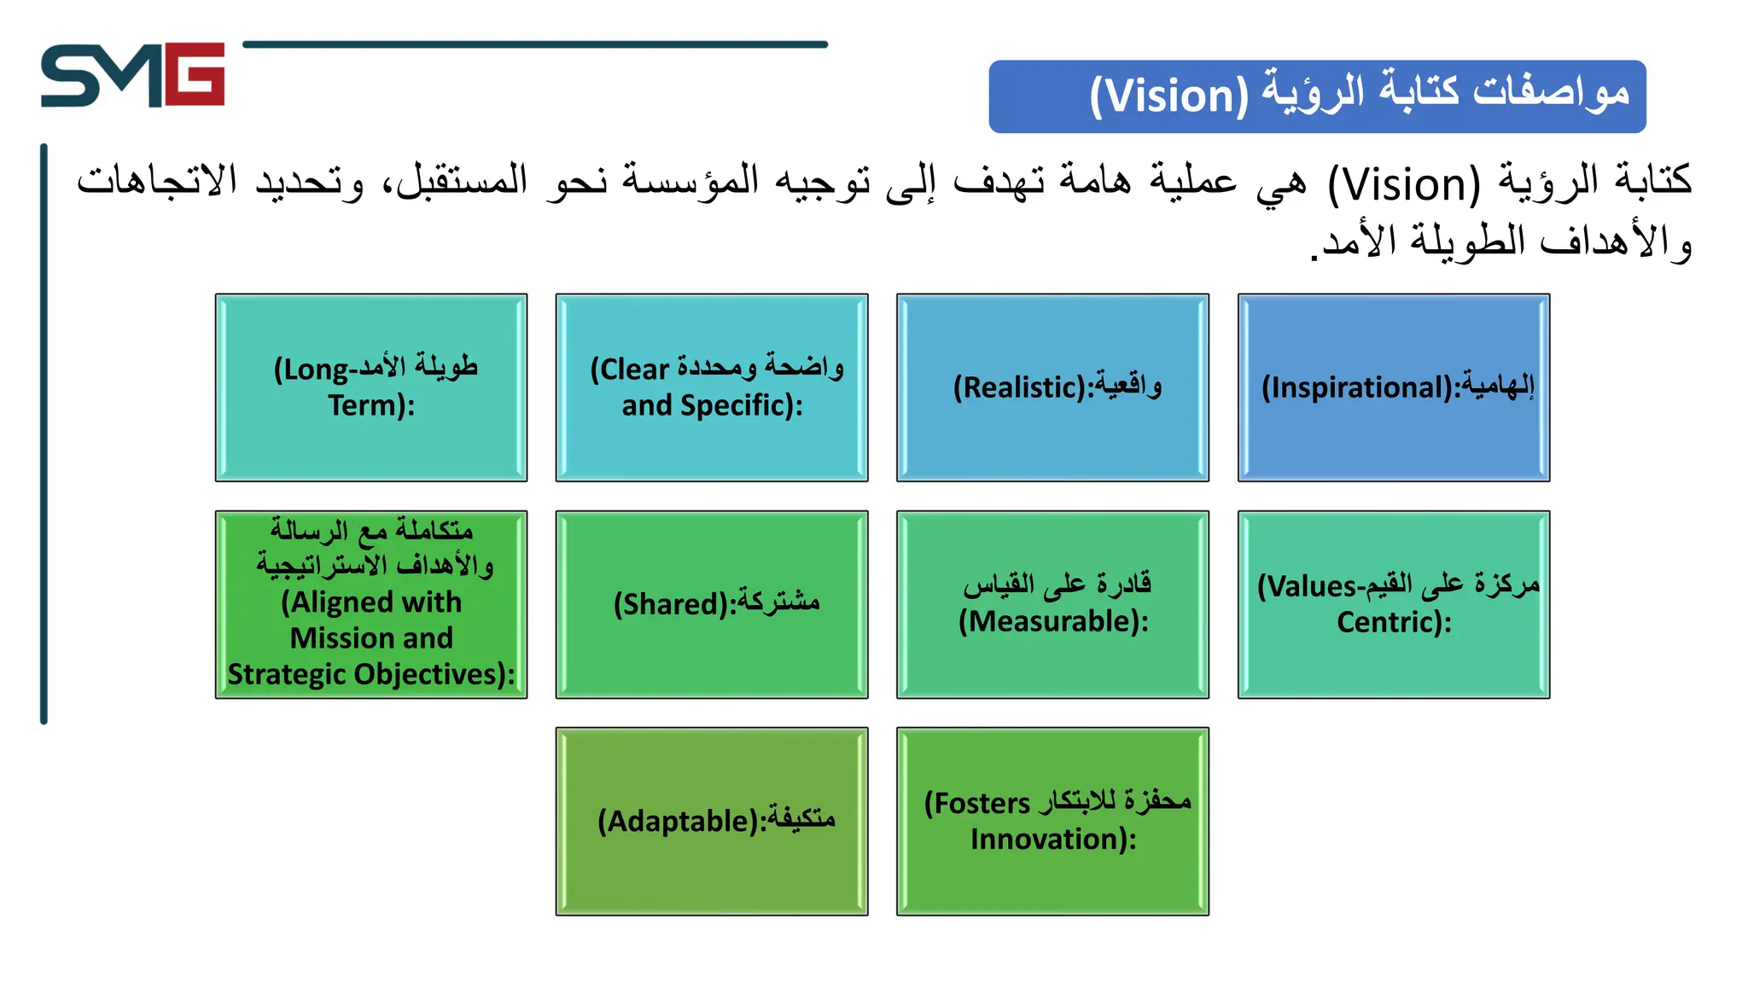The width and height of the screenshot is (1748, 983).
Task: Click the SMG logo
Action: click(132, 75)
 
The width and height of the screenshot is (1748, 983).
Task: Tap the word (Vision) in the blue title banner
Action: click(1168, 96)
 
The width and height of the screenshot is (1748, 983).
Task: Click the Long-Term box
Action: click(371, 387)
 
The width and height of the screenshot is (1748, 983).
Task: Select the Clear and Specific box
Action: click(712, 387)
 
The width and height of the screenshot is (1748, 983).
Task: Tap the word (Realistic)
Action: click(1023, 387)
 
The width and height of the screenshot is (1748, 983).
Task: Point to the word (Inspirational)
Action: click(1361, 387)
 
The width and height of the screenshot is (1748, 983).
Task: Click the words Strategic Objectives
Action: click(370, 674)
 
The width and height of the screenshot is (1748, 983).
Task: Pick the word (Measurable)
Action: click(1053, 621)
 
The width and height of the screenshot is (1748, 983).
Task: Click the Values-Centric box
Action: click(1394, 604)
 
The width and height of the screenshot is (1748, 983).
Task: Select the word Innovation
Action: click(1052, 840)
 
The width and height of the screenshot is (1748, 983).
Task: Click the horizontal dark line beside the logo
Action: click(535, 44)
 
